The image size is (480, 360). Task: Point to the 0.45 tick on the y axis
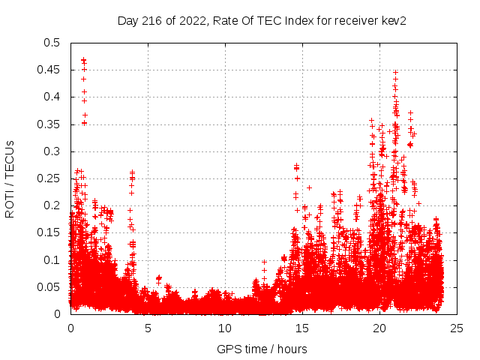(51, 70)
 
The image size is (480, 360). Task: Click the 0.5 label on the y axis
(54, 43)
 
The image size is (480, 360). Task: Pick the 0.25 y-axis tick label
(51, 178)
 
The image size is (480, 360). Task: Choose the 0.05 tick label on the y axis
(51, 287)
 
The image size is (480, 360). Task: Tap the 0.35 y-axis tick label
(51, 124)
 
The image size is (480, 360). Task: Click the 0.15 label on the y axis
(51, 232)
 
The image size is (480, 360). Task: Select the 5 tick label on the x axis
(148, 328)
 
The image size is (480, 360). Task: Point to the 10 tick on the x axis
(225, 328)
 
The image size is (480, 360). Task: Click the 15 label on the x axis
(302, 328)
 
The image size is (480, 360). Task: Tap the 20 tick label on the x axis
(379, 328)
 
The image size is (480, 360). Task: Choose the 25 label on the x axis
(457, 328)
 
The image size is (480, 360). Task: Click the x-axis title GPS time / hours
(262, 349)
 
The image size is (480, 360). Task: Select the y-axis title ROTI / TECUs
(10, 178)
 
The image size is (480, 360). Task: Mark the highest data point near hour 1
(83, 59)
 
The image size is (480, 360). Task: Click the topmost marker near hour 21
(395, 73)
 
